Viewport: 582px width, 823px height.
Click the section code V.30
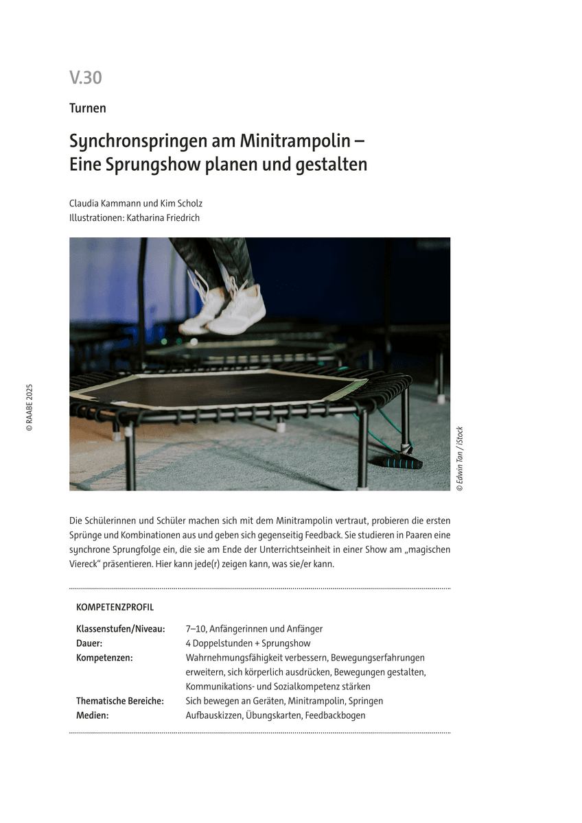[x=85, y=78]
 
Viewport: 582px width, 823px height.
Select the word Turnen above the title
[x=87, y=108]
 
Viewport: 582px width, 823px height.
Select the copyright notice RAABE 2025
[x=29, y=407]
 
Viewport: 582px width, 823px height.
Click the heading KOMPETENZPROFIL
[x=115, y=608]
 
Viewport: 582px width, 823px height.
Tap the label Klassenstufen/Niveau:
[x=120, y=629]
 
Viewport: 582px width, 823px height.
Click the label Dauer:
[x=89, y=643]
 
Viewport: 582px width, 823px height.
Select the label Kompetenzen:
[x=104, y=658]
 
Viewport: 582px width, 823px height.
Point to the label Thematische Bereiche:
[x=119, y=701]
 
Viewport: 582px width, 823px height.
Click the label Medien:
[x=93, y=715]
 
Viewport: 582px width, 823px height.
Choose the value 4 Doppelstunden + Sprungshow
[x=248, y=643]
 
